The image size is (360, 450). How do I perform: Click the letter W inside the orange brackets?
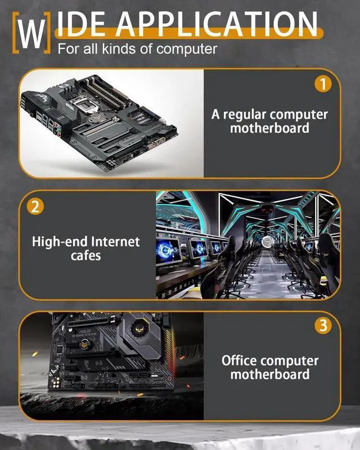31,33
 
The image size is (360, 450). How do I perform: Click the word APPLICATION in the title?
217,24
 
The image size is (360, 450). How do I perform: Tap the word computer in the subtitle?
187,49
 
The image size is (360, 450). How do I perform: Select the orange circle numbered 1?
323,84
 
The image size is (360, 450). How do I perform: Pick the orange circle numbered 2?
35,206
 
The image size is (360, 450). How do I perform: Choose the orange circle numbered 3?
323,326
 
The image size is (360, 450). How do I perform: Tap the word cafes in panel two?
86,255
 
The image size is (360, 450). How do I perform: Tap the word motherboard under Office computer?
270,374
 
